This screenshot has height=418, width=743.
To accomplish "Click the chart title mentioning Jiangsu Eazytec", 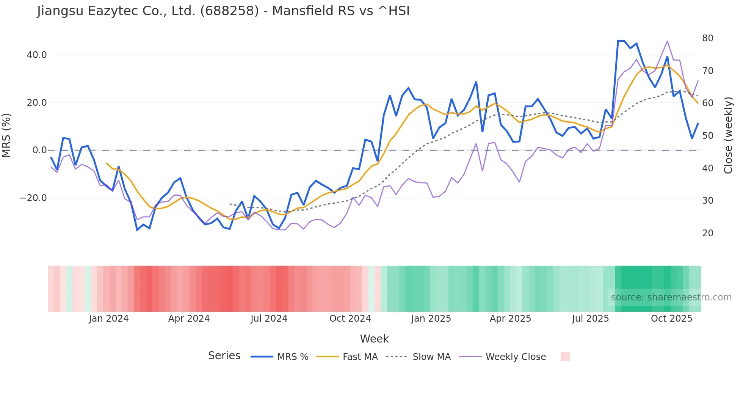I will tap(223, 11).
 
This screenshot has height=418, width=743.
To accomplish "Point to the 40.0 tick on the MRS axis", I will tap(37, 55).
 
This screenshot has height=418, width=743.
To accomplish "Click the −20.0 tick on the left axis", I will tap(33, 198).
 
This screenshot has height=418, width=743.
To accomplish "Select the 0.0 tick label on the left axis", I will tap(39, 150).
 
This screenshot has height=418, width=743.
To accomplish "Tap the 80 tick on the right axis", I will tap(707, 38).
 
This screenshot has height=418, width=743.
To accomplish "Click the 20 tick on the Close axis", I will tap(707, 233).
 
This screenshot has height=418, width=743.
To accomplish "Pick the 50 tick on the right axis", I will tap(707, 136).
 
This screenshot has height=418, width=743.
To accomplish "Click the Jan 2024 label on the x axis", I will tap(109, 319).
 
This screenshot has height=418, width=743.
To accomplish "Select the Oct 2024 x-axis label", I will tap(350, 319).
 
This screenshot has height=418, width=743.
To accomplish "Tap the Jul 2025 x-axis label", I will tap(590, 319).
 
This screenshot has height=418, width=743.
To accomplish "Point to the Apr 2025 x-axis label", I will tap(510, 319).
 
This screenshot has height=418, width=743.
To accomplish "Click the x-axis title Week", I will tap(374, 339).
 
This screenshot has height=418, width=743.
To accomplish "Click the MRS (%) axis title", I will tap(6, 135).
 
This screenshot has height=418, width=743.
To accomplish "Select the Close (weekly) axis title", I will tap(728, 135).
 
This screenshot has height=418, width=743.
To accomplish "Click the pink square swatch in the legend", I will tap(565, 357).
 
